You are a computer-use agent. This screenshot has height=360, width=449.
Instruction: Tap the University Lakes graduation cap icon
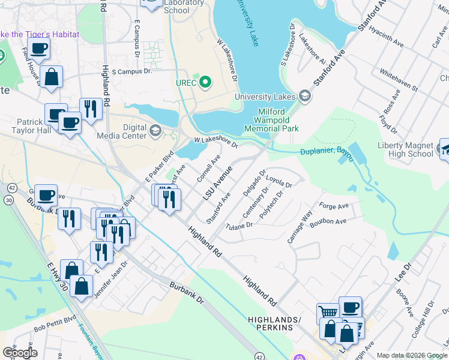coord(305,96)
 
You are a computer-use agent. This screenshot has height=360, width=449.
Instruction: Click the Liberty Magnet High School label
coord(405,149)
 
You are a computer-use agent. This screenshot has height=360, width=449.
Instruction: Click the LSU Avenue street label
coord(217,184)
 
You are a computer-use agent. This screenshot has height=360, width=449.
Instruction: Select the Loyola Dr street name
coord(279,181)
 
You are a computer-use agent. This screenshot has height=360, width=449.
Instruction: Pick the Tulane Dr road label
coord(239,226)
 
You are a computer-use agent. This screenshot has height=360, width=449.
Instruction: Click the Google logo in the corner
coord(19,352)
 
